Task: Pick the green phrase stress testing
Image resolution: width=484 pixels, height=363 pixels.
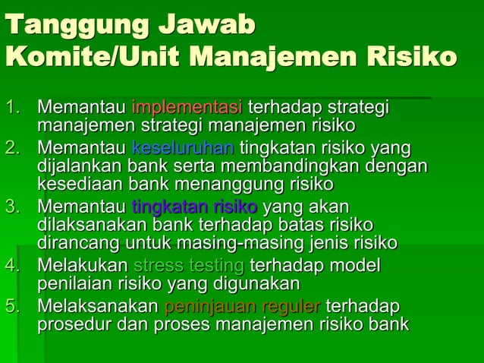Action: pyautogui.click(x=188, y=267)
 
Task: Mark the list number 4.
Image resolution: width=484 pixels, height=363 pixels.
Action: pyautogui.click(x=14, y=267)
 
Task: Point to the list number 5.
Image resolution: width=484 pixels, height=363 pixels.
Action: pyautogui.click(x=14, y=307)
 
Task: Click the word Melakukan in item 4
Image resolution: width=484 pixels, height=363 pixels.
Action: pyautogui.click(x=83, y=267)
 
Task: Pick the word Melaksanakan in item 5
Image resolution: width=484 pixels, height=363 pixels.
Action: pyautogui.click(x=99, y=307)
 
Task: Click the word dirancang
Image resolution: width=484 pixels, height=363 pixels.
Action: pyautogui.click(x=79, y=244)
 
